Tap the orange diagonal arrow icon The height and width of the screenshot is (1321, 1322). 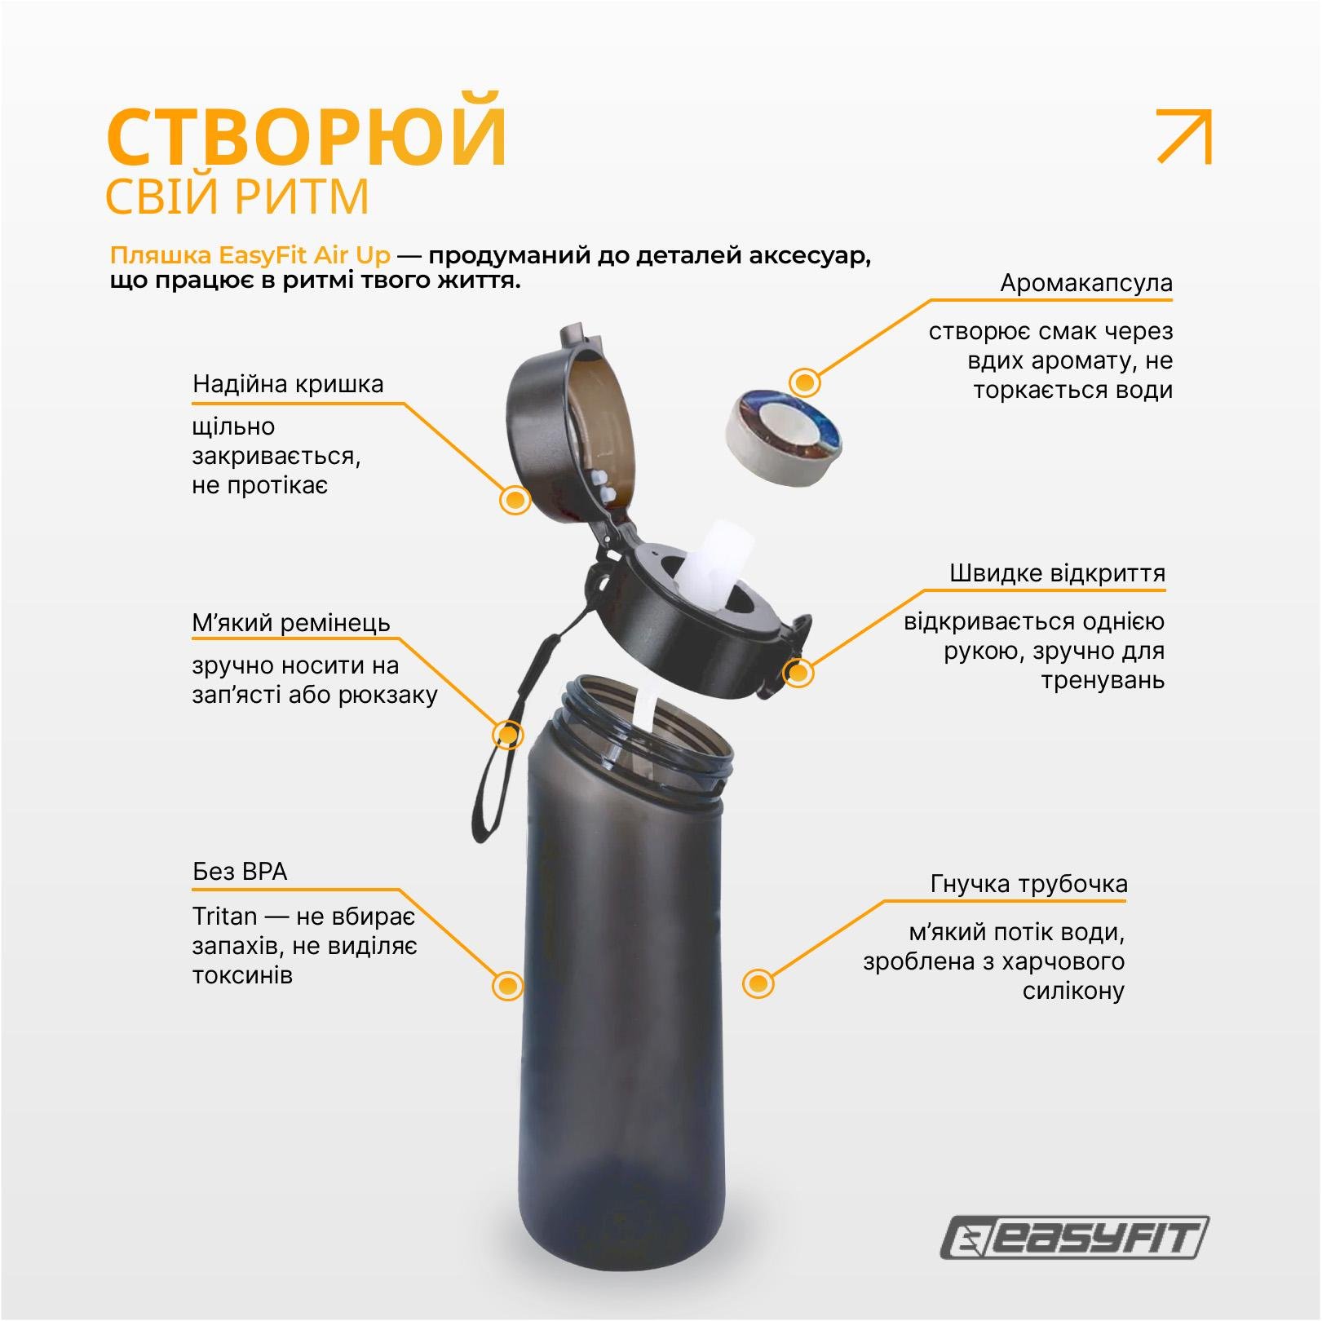pos(1185,136)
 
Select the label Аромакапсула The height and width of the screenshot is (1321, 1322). pos(1085,284)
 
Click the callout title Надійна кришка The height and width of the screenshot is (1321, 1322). pos(288,384)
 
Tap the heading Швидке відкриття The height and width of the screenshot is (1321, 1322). pos(1057,573)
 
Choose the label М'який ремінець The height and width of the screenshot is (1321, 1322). pos(291,624)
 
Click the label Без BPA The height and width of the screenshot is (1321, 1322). pos(240,872)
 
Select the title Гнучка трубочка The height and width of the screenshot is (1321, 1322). pos(1028,884)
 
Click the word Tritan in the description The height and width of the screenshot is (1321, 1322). pos(225,917)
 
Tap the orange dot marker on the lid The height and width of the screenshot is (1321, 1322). pos(514,500)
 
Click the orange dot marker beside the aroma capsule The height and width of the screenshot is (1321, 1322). pos(805,382)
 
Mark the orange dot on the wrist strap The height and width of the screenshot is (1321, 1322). pos(507,735)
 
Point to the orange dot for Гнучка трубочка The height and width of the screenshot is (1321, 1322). pos(758,983)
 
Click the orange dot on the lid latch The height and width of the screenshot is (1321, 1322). pos(798,673)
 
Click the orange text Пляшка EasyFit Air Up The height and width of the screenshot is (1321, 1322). pos(250,256)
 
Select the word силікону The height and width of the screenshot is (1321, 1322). pos(1072,991)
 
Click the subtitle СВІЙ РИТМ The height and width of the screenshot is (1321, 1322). pos(237,197)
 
